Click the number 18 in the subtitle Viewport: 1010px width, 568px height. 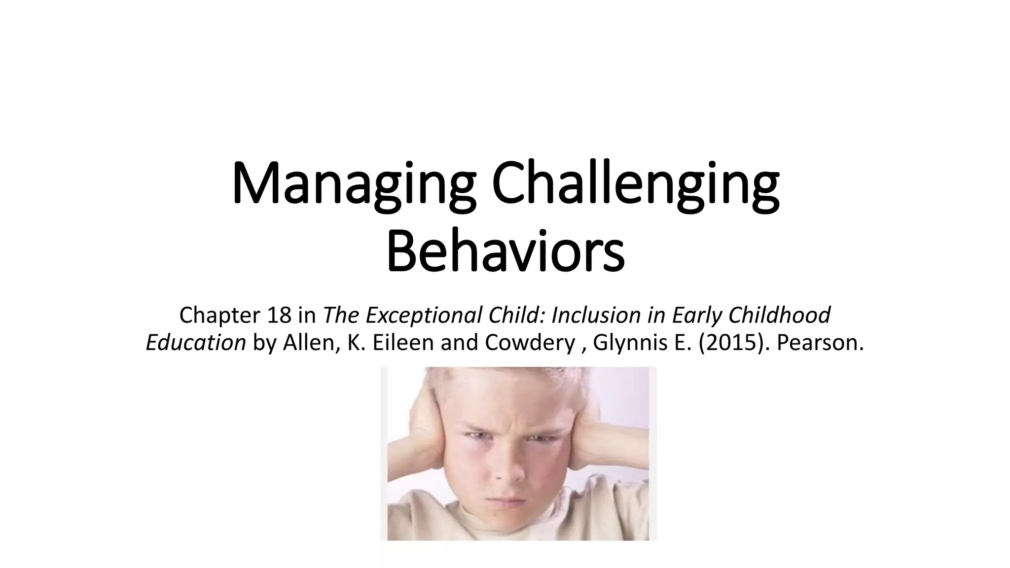[x=280, y=315]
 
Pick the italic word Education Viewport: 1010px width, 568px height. [x=196, y=342]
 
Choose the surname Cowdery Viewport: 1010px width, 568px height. [x=530, y=342]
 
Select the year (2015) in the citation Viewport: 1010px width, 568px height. [x=735, y=342]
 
